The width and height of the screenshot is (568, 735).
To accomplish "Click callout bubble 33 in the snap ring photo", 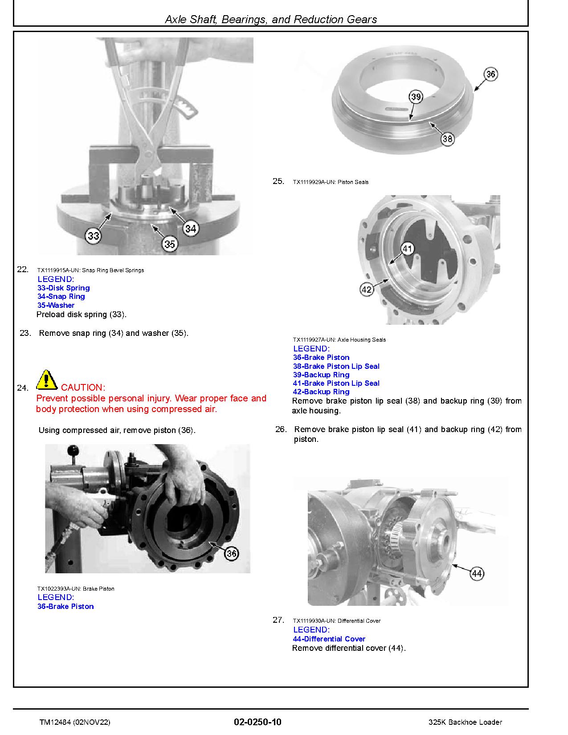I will tap(93, 236).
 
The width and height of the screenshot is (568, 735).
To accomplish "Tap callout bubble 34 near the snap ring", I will tap(190, 229).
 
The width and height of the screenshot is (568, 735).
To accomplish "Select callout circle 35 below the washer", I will tap(169, 244).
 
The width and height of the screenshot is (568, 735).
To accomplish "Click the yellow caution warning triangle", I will tap(46, 380).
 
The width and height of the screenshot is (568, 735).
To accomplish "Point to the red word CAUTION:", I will tap(83, 388).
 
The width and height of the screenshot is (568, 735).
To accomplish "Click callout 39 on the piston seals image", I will tap(415, 97).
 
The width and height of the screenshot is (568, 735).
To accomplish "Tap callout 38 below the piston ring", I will tap(447, 139).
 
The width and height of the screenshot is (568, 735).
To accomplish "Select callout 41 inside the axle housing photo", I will tap(408, 249).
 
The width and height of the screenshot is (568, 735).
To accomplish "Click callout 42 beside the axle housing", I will tap(366, 290).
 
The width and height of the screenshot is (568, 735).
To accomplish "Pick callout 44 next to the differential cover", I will tap(477, 574).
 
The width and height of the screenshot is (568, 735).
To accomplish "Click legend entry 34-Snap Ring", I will tap(61, 297).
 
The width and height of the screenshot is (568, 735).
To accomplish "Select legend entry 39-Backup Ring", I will tap(321, 375).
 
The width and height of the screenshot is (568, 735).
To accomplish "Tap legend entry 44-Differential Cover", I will tap(329, 639).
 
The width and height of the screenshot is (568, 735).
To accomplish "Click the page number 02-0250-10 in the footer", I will tap(257, 722).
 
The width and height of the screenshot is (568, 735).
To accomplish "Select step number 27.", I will tap(278, 620).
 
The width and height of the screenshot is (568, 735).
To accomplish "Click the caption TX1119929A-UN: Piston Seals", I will tap(331, 182).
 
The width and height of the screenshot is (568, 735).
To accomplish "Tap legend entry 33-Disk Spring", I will tap(64, 288).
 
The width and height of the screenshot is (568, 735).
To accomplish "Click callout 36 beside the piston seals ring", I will tap(490, 74).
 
